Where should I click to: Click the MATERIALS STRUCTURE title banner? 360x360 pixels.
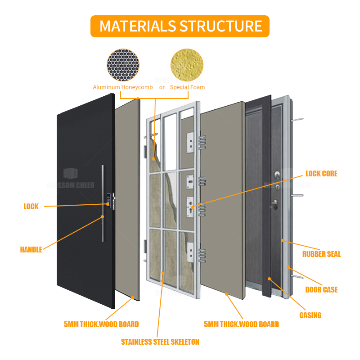(x=180, y=26)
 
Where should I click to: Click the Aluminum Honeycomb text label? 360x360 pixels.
(x=123, y=87)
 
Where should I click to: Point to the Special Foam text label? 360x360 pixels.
(x=187, y=87)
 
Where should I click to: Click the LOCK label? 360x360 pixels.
(x=31, y=207)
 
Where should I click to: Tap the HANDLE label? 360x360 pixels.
(x=31, y=249)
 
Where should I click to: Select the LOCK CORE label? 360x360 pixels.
(x=321, y=174)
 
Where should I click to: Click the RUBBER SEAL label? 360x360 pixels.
(x=321, y=254)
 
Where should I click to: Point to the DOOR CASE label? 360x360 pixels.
(x=321, y=289)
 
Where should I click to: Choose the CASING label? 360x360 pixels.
(x=310, y=315)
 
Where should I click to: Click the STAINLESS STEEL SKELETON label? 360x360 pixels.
(x=160, y=342)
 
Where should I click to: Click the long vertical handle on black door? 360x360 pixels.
(x=103, y=202)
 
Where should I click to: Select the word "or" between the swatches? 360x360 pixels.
(x=162, y=87)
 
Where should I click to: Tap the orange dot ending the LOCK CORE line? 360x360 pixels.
(x=193, y=208)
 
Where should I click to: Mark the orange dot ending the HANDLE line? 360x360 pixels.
(x=103, y=216)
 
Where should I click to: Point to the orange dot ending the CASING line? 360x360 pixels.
(x=269, y=279)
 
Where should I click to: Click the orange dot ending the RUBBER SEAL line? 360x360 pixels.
(x=283, y=241)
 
